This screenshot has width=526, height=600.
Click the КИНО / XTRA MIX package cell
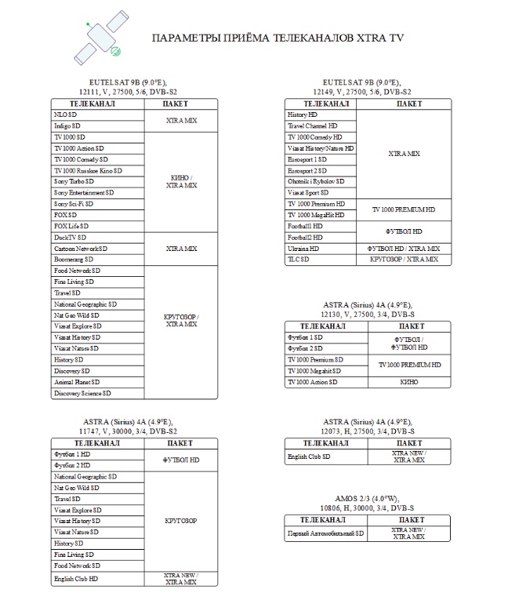[x=181, y=181]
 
